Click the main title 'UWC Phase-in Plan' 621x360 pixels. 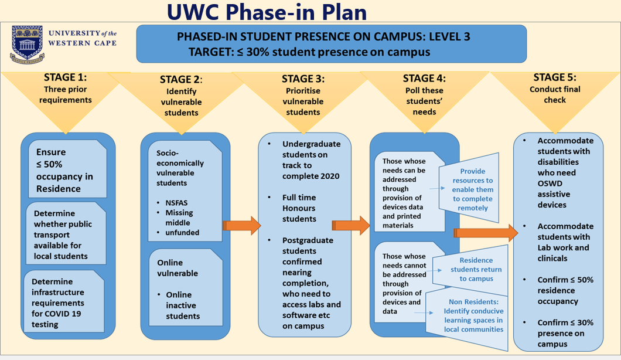pyautogui.click(x=267, y=12)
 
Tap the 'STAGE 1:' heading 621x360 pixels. pyautogui.click(x=66, y=77)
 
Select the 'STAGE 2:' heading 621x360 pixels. pyautogui.click(x=181, y=80)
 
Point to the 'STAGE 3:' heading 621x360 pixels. pyautogui.click(x=303, y=79)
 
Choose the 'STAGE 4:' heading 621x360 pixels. pyautogui.click(x=424, y=79)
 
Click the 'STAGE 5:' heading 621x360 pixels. pyautogui.click(x=555, y=77)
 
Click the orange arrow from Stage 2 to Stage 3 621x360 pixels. pyautogui.click(x=241, y=226)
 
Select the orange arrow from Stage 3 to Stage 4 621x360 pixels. pyautogui.click(x=350, y=226)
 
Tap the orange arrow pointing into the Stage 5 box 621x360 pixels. pyautogui.click(x=486, y=233)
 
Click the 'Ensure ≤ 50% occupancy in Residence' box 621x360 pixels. pyautogui.click(x=67, y=169)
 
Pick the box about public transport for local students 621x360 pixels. pyautogui.click(x=66, y=233)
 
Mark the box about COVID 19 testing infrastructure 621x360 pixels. pyautogui.click(x=64, y=301)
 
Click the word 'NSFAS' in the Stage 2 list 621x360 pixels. pyautogui.click(x=177, y=203)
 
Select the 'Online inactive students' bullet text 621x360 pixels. pyautogui.click(x=183, y=305)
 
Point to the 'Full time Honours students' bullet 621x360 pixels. pyautogui.click(x=299, y=208)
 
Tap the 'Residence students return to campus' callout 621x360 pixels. pyautogui.click(x=470, y=270)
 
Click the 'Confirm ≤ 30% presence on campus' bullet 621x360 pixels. pyautogui.click(x=565, y=334)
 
